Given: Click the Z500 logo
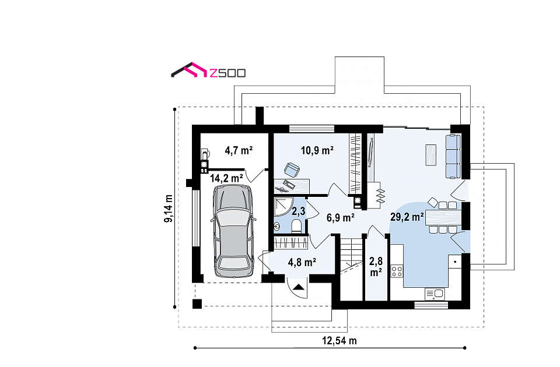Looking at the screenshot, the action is click(208, 70).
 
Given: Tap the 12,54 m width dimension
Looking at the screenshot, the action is click(339, 341).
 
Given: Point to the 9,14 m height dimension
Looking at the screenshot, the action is click(168, 209).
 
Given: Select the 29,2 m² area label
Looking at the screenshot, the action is click(407, 217).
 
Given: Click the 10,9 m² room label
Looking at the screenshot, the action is click(317, 150).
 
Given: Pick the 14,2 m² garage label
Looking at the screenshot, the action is click(226, 178).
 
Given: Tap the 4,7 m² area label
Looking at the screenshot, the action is click(239, 150).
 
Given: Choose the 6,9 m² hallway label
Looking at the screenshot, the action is click(340, 217).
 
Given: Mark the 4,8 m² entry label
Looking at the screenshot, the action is click(302, 263).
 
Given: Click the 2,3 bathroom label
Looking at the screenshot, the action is click(299, 211).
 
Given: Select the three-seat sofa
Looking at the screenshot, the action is click(453, 156).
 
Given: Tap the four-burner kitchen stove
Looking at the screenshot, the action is click(397, 271).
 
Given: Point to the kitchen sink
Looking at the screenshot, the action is click(435, 294).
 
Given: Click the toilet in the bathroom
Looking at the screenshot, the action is click(296, 226).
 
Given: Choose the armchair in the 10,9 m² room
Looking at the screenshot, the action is click(292, 170).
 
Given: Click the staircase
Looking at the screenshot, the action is click(351, 256).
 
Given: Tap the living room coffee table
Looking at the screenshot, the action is click(430, 155).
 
